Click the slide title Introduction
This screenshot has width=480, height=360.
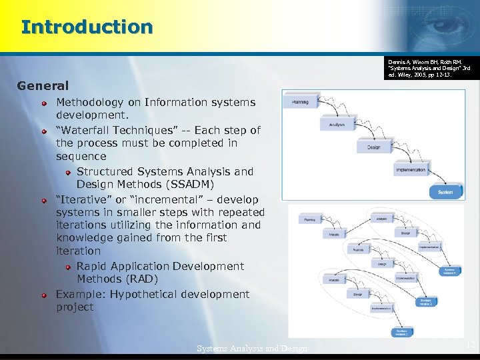click(87, 27)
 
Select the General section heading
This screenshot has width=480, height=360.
click(43, 85)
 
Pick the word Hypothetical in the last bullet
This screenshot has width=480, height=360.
click(146, 294)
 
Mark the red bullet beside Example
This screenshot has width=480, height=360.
click(43, 295)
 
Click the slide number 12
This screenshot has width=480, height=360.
click(471, 345)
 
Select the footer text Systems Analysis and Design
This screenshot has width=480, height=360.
click(252, 348)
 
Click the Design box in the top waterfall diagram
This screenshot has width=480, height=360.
click(373, 147)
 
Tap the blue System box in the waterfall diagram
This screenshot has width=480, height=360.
click(445, 192)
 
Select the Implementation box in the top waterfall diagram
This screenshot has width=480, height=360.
click(410, 170)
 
